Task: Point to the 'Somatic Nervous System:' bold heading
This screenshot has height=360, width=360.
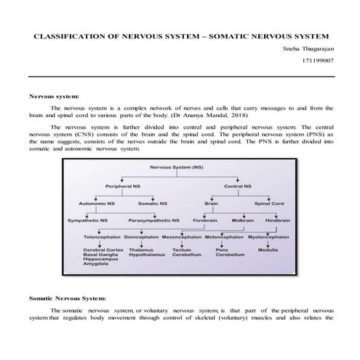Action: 67,298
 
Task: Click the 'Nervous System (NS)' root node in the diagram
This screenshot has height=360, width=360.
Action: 176,167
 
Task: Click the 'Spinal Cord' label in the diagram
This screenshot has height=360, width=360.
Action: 268,204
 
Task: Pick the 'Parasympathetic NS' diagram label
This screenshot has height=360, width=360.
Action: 154,220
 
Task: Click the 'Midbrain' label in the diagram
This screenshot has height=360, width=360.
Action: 242,220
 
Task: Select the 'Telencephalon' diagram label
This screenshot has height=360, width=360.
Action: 102,237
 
